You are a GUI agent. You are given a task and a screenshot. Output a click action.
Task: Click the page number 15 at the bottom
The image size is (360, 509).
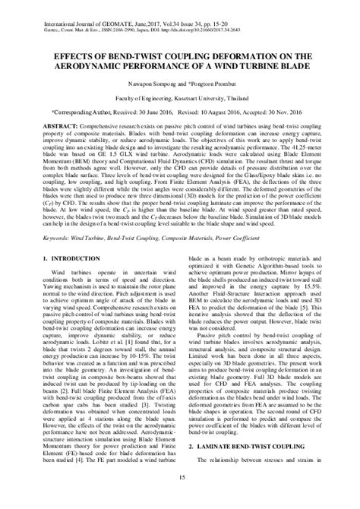(x=180, y=498)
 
